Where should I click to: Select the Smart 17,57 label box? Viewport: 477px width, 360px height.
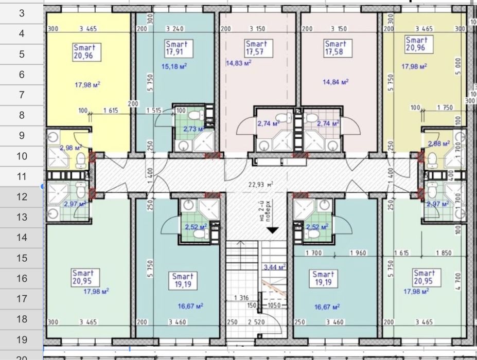[256, 48]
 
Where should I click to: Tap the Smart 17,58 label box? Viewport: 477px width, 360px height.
[335, 48]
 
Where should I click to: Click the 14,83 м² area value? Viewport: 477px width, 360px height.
[238, 63]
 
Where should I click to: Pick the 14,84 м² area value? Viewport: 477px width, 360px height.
[336, 81]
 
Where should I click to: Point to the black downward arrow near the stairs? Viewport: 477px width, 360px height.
[273, 231]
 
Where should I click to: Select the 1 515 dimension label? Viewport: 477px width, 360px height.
[154, 110]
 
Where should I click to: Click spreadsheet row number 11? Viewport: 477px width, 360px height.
[22, 176]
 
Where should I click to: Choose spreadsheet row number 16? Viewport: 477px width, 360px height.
[22, 278]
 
